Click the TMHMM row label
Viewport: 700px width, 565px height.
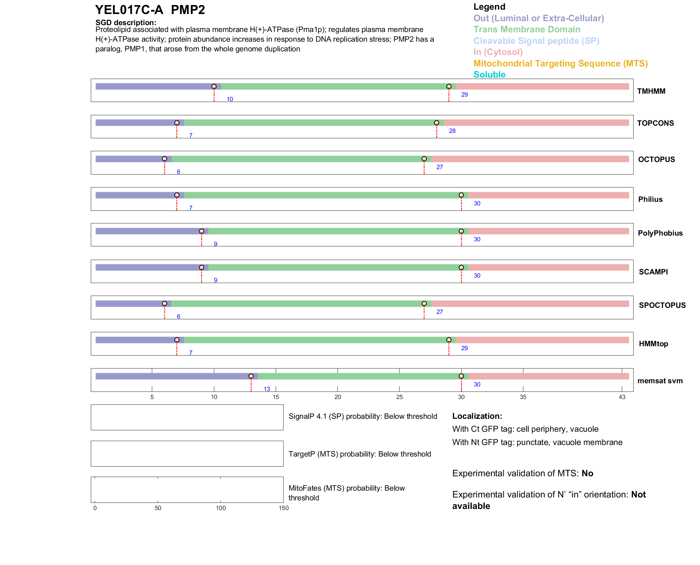651,91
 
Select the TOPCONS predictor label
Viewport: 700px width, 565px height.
655,123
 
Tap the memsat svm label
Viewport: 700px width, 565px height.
660,381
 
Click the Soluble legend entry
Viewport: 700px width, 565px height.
489,75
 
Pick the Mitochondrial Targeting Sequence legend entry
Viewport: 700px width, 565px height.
560,64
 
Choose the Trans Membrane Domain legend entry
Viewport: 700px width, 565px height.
527,29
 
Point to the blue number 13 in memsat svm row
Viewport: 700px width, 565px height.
267,389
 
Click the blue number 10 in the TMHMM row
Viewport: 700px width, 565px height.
230,99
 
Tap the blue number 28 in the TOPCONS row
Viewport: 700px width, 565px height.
452,131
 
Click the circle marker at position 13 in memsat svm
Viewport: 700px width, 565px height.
251,376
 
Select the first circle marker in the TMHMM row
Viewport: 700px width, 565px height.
214,87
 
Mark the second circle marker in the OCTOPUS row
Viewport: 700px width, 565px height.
424,159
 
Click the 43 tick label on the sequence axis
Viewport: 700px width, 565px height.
622,397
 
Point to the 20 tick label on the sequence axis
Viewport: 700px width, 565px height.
337,397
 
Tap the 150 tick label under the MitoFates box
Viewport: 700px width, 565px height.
284,508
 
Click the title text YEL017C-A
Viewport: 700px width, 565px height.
129,10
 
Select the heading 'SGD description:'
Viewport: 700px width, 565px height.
126,23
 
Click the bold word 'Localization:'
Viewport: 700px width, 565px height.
477,416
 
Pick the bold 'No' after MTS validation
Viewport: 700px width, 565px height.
587,473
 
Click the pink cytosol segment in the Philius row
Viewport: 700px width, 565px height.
548,195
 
